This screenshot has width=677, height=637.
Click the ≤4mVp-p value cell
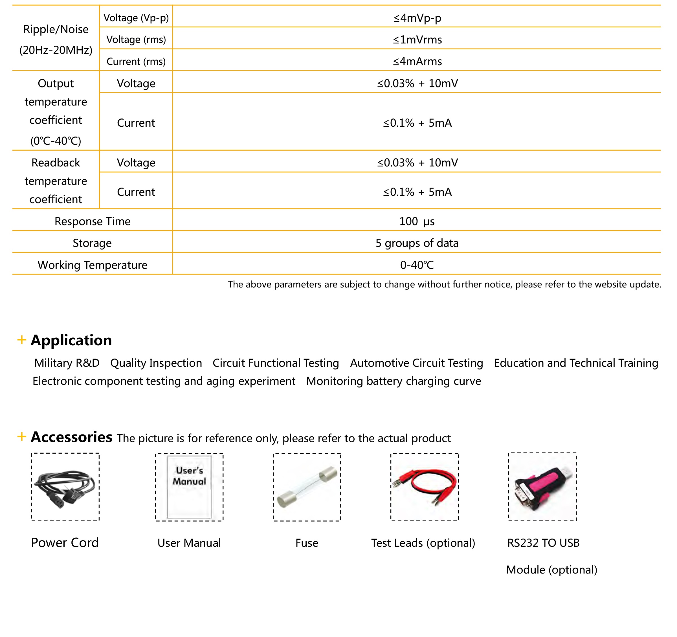(x=417, y=18)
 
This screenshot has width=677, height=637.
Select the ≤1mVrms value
(x=417, y=39)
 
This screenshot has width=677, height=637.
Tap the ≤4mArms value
(x=417, y=61)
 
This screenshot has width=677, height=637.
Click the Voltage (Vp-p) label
(x=136, y=18)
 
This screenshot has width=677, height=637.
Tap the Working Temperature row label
(x=92, y=265)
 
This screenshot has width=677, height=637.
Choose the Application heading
(x=71, y=340)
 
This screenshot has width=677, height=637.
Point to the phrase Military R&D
(x=67, y=363)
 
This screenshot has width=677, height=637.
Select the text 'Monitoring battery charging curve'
(x=393, y=381)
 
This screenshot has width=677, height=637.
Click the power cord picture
(x=65, y=487)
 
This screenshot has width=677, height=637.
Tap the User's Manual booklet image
(x=189, y=487)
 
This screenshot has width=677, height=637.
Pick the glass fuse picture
(x=307, y=487)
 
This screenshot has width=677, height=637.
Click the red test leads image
(x=424, y=487)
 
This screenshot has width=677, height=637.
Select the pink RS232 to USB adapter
(x=542, y=487)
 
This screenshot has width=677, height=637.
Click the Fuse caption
(x=307, y=543)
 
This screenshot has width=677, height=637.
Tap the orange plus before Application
(x=22, y=340)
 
